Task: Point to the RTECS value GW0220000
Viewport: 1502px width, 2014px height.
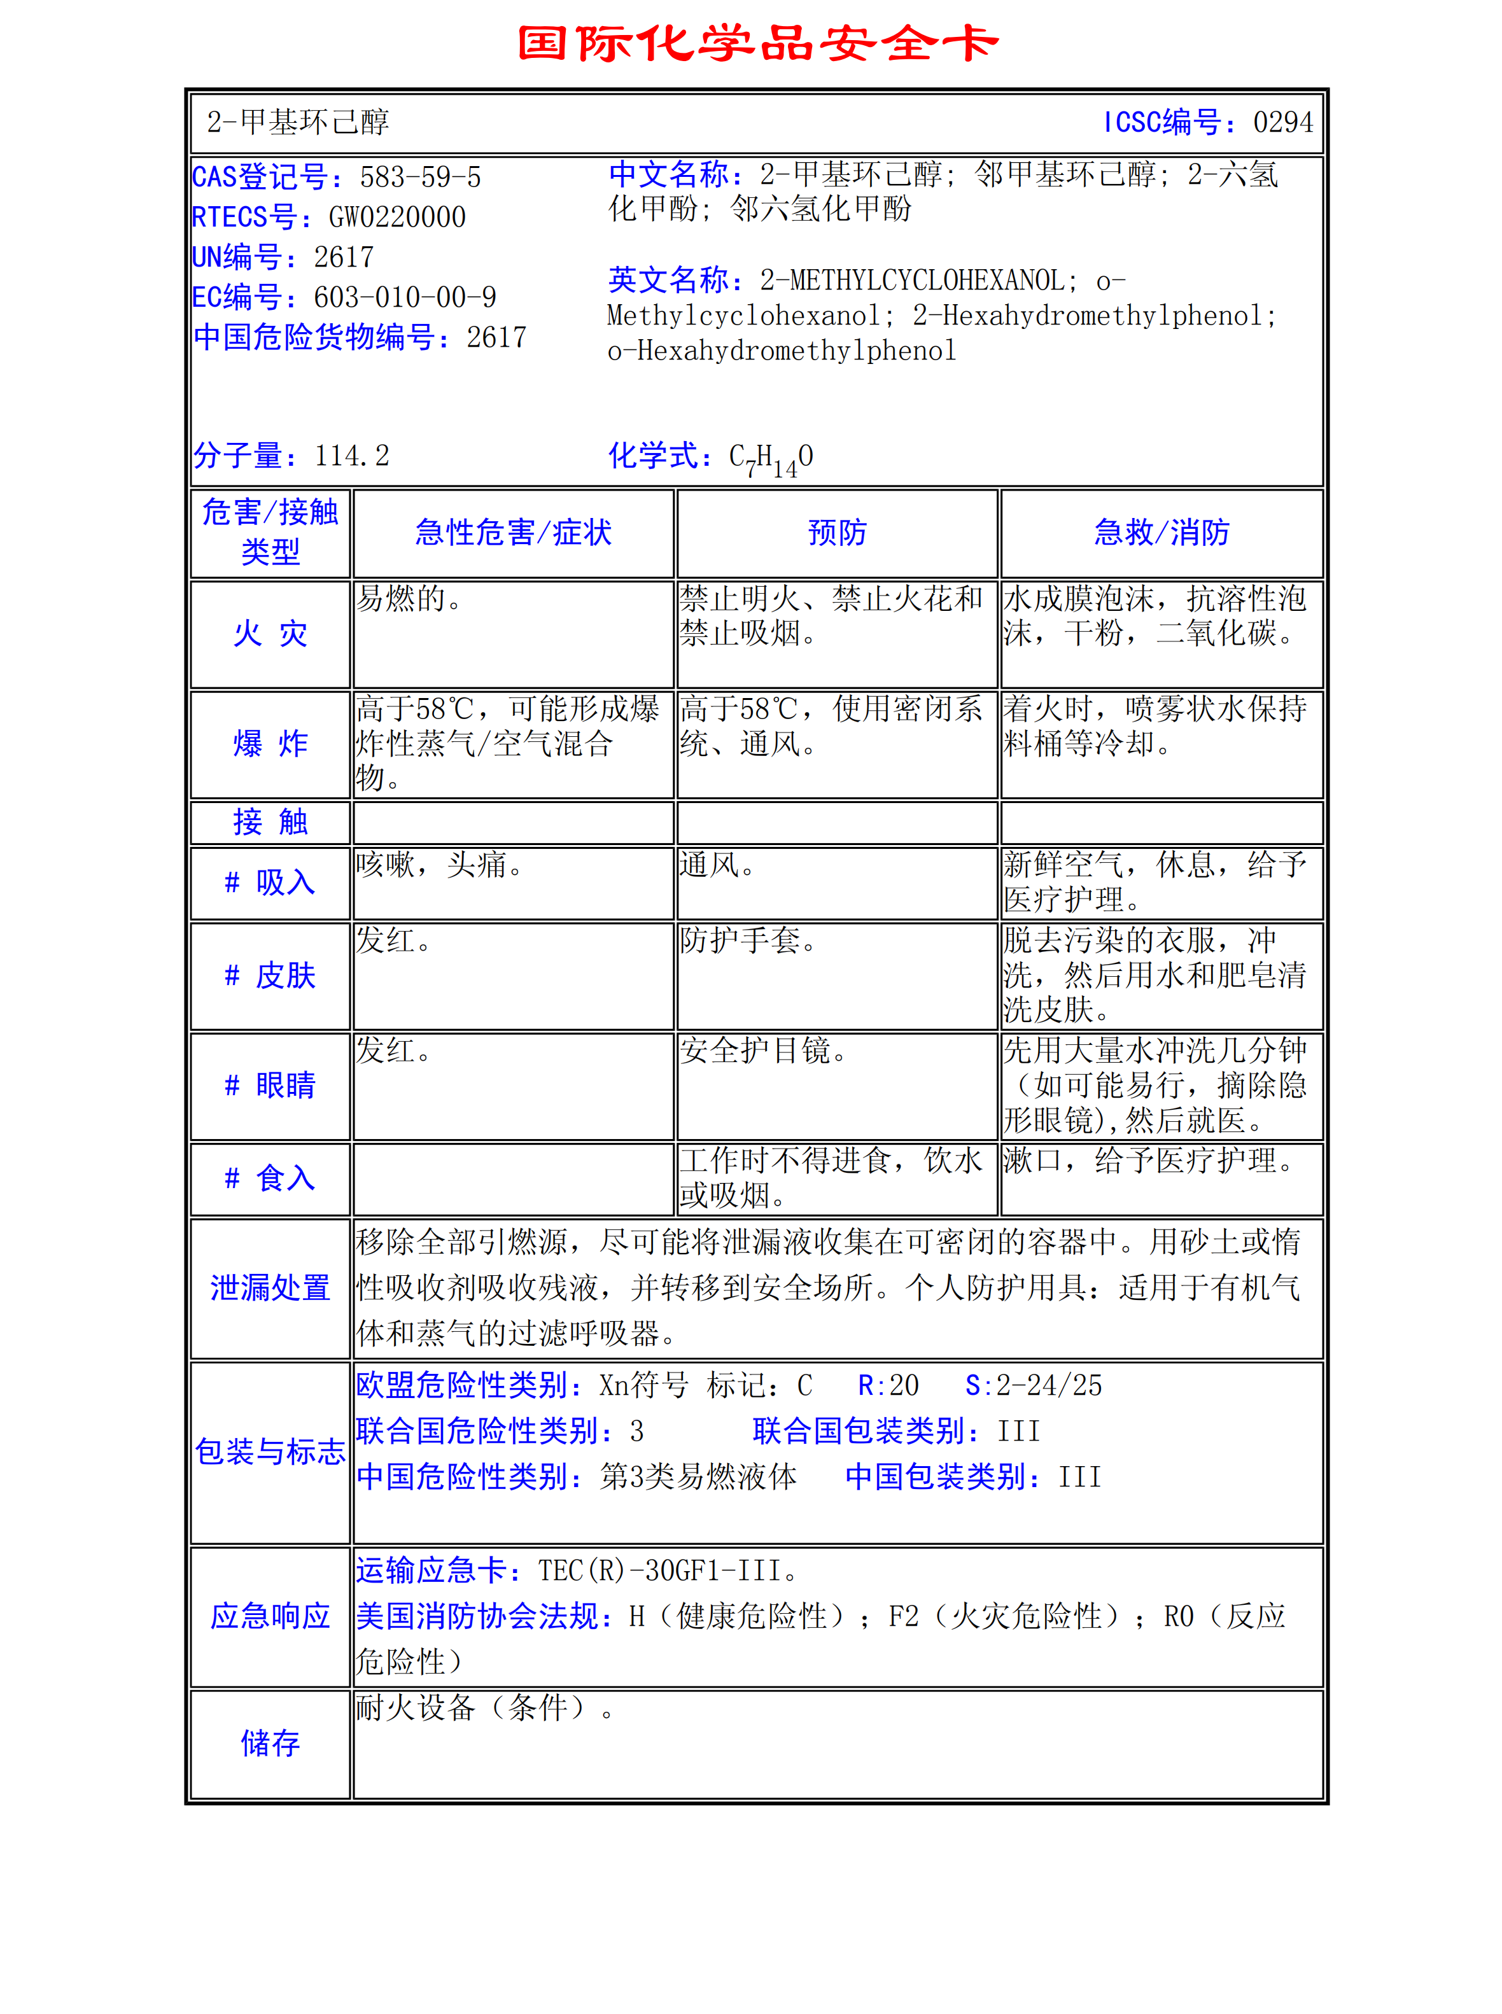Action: coord(397,217)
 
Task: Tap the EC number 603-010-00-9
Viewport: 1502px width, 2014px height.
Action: coord(405,297)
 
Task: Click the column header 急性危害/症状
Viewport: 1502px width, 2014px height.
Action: coord(513,533)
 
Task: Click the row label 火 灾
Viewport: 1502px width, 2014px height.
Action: coord(270,633)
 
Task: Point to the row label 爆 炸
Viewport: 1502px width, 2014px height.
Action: coord(270,743)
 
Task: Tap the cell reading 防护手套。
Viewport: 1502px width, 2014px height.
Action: coord(748,941)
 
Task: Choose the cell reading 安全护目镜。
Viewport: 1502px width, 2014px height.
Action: coord(764,1051)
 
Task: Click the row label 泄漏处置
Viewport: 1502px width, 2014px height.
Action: coord(270,1288)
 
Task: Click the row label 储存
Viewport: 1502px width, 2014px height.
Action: coord(270,1743)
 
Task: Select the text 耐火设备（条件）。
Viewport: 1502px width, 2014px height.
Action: coord(484,1709)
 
